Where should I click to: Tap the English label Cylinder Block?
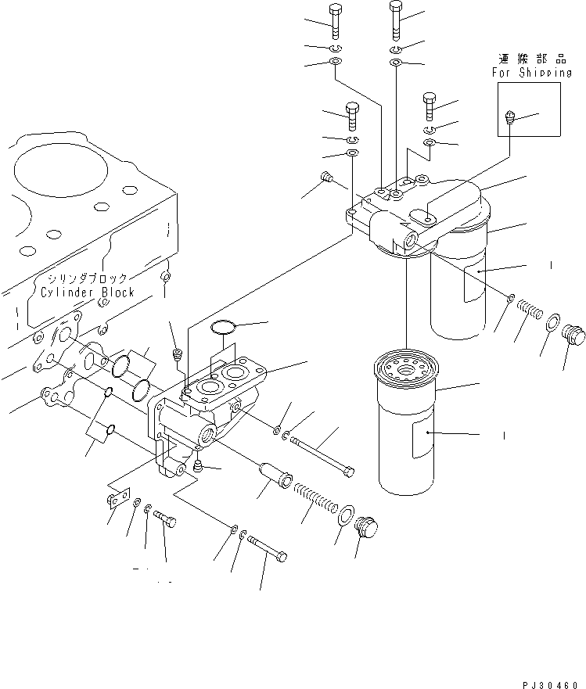click(x=88, y=292)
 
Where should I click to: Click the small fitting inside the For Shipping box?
click(x=510, y=120)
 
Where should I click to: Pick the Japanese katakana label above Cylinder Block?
click(x=91, y=278)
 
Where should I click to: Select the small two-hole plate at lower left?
click(x=117, y=499)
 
